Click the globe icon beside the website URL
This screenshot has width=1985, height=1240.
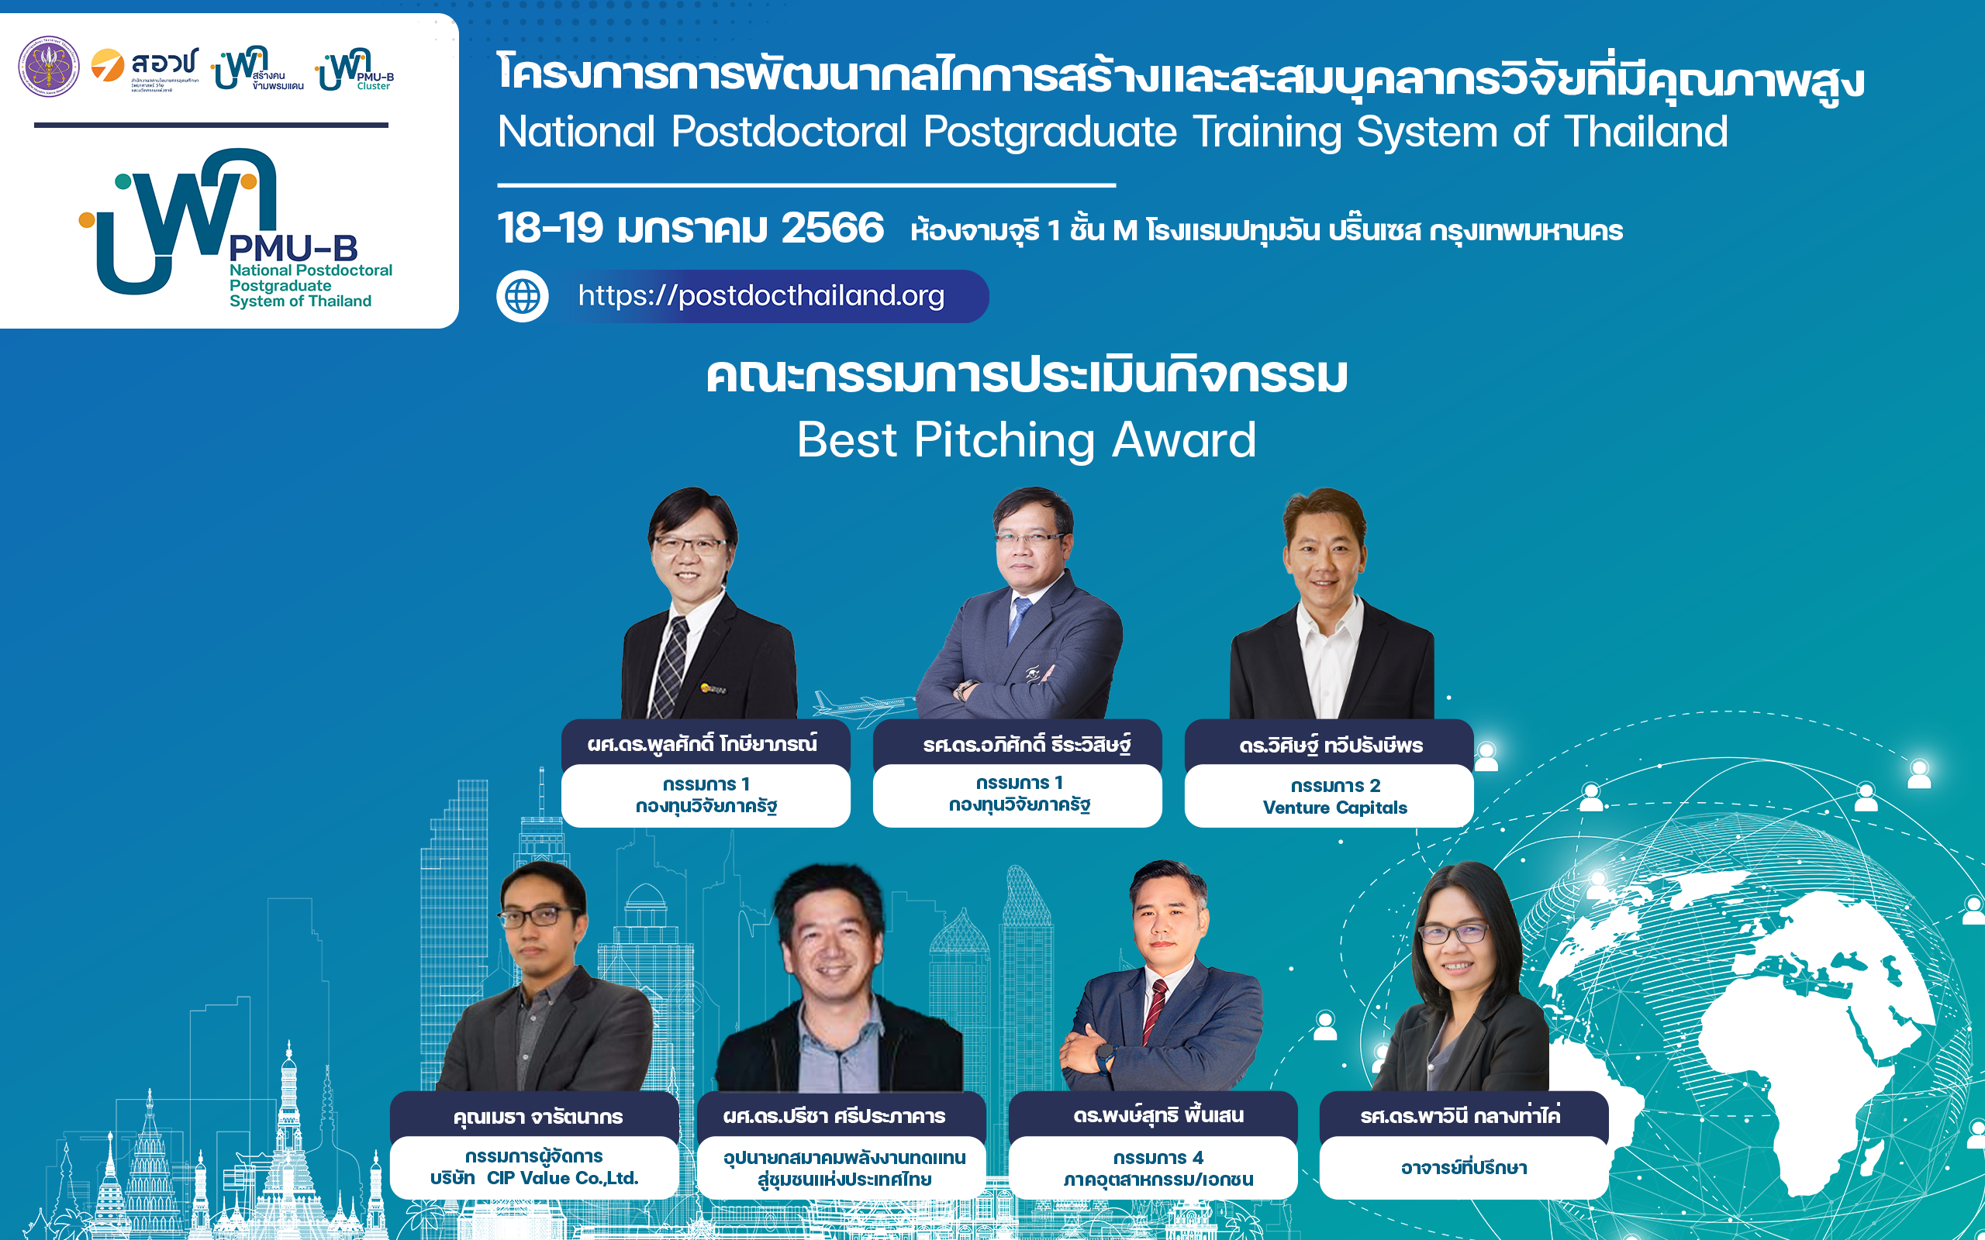523,296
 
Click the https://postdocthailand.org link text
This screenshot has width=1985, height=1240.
761,295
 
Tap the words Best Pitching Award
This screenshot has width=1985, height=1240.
1026,440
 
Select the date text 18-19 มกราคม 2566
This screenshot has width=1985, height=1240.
691,228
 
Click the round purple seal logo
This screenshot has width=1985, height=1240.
49,67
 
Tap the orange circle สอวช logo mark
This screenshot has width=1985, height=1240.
108,66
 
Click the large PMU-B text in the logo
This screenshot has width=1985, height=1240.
293,248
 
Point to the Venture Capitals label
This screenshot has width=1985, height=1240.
1334,808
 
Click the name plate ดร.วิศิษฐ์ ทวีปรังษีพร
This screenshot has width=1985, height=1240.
1330,745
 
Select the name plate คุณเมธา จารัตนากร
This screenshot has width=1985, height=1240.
537,1116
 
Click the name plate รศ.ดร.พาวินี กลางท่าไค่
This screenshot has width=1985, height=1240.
1460,1115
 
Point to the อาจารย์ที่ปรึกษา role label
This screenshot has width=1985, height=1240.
1463,1167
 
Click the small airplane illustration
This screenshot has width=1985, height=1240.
861,706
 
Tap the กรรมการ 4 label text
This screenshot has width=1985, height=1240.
1158,1157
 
